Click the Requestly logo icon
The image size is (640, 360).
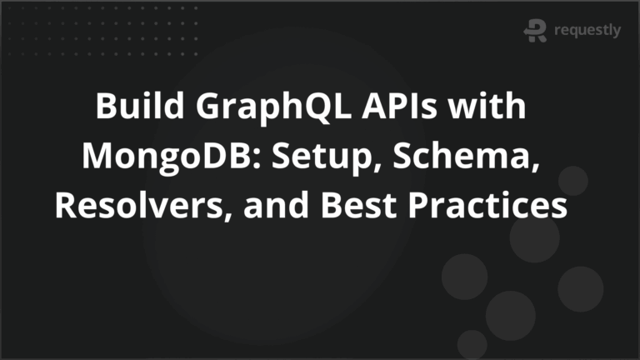tap(534, 31)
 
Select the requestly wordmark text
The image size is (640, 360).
tap(587, 31)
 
